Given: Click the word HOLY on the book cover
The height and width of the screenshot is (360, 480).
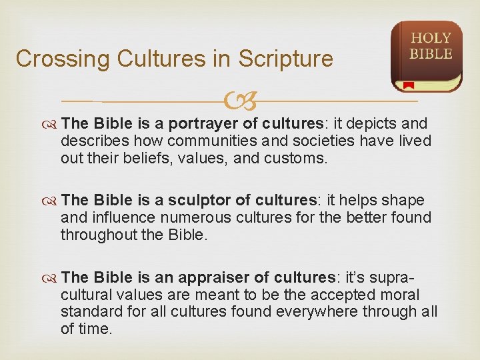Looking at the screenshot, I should (x=431, y=39).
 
